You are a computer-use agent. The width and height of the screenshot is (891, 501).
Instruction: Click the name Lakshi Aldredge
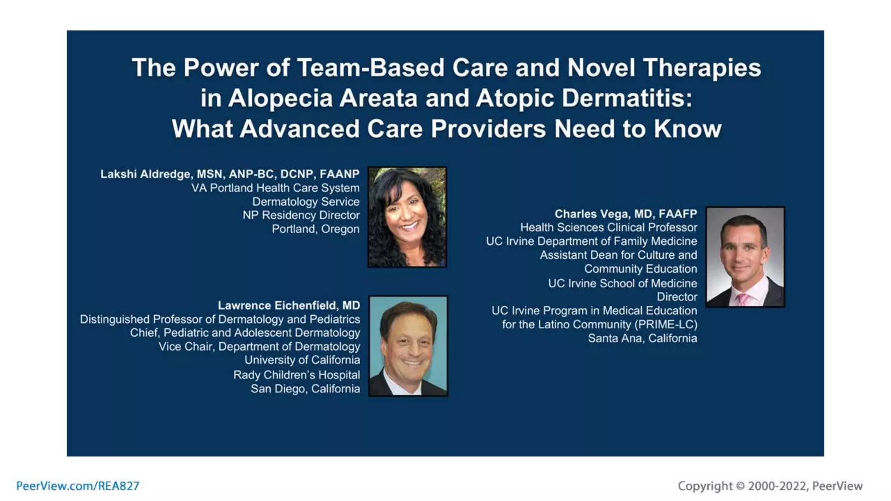[x=146, y=174]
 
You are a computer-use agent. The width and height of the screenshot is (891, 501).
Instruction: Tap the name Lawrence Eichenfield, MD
[x=289, y=306]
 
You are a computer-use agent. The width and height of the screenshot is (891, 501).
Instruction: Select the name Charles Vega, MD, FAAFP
[x=626, y=214]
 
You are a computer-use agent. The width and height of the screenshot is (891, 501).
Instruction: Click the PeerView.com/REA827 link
[x=78, y=486]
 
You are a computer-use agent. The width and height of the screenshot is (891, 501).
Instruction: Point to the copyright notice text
[x=770, y=486]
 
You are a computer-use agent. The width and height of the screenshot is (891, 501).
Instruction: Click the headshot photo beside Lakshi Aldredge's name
[x=407, y=217]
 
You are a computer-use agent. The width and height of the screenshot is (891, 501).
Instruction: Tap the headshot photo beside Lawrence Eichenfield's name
[x=408, y=346]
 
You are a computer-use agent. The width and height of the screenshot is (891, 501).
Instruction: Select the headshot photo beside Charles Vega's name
[x=745, y=257]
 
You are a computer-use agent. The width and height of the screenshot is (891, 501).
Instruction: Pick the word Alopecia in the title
[x=280, y=98]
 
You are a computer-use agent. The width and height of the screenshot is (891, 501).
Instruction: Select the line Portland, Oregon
[x=315, y=229]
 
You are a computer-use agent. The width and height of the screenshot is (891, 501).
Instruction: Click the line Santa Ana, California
[x=642, y=338]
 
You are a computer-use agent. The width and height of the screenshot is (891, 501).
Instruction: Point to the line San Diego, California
[x=305, y=389]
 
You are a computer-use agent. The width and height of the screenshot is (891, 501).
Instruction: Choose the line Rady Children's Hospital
[x=296, y=375]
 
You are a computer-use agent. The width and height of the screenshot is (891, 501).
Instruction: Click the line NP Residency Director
[x=301, y=215]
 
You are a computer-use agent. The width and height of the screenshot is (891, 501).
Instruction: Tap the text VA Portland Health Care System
[x=275, y=188]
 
